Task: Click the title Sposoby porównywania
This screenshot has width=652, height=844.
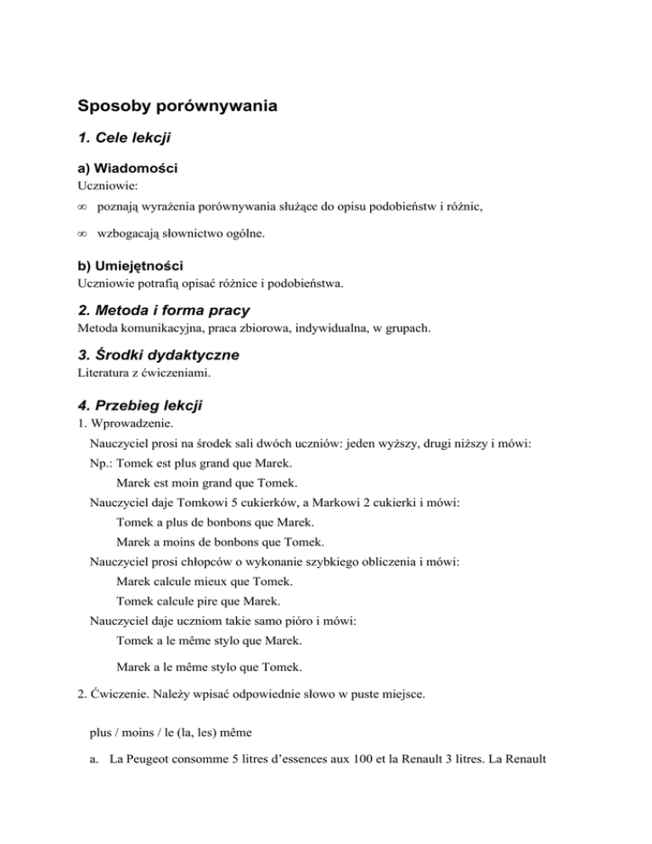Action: (177, 108)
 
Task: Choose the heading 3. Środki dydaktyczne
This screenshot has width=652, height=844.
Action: (158, 354)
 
